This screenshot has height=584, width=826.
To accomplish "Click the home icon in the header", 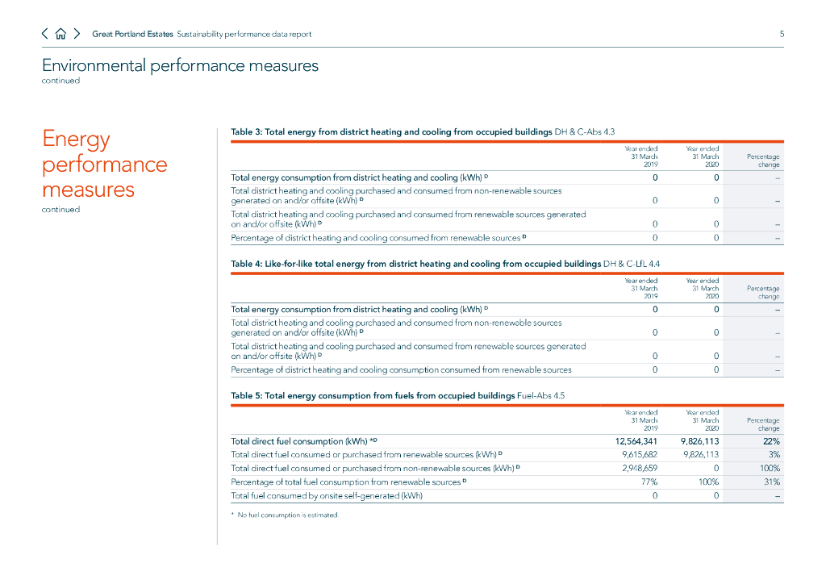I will pos(60,34).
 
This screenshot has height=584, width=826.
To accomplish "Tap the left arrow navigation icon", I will pos(45,34).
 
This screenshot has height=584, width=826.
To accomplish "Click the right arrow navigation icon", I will pos(77,34).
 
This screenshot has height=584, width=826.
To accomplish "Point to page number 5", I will pos(781,34).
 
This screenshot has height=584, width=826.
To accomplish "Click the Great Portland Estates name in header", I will pos(132,34).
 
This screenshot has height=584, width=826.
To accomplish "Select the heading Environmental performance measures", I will pos(180,65).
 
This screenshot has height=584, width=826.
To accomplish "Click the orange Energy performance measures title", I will pos(105,165).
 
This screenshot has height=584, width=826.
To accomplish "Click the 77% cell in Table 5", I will pos(648,482).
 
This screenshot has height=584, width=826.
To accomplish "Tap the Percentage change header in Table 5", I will pos(763,424).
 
